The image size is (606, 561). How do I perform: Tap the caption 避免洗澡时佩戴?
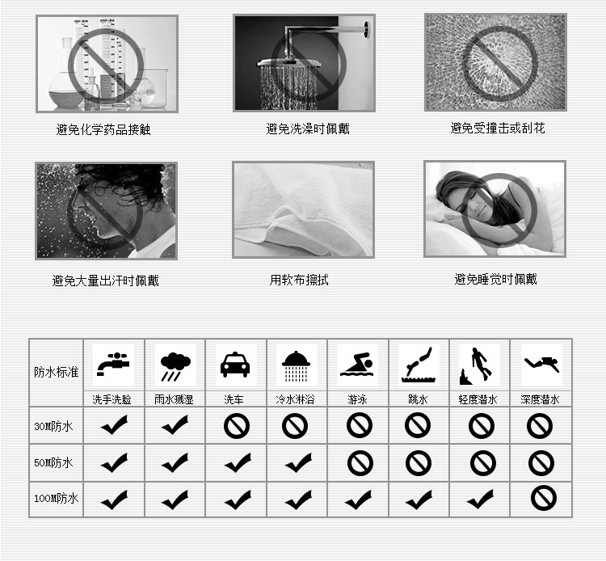[x=308, y=129]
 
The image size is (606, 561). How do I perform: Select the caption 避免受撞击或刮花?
[x=498, y=129]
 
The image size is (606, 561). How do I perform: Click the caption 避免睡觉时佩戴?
[x=495, y=280]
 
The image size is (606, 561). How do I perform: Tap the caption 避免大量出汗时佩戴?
[x=106, y=281]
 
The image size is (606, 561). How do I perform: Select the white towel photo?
[x=303, y=209]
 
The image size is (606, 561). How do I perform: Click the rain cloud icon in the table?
[x=175, y=365]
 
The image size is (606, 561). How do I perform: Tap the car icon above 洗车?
[x=235, y=365]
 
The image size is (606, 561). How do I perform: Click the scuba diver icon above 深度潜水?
[x=541, y=365]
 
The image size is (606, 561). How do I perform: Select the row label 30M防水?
[x=54, y=426]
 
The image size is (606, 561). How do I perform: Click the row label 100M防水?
[x=56, y=499]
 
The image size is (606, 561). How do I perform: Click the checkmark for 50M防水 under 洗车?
[x=236, y=462]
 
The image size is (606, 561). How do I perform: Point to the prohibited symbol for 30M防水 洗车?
[x=236, y=426]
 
